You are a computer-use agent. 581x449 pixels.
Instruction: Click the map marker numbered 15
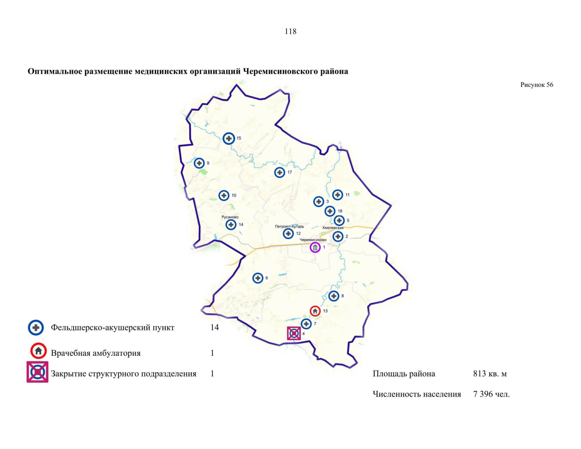229,138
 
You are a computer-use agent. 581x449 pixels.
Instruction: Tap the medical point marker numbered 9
199,163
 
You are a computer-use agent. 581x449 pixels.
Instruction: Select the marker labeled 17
279,172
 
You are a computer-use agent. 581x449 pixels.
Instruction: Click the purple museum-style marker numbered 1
315,247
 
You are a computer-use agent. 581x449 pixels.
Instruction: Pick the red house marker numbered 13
315,311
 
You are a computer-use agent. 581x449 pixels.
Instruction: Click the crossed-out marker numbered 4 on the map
294,333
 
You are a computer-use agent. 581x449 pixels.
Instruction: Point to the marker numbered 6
258,278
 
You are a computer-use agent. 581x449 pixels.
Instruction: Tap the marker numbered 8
334,296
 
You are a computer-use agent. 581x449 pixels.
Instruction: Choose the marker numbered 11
337,195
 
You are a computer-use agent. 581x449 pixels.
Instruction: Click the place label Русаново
230,217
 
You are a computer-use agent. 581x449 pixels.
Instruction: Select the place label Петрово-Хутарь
289,226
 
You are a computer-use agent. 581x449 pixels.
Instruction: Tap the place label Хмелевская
333,227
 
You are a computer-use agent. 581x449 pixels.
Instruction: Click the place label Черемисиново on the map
313,240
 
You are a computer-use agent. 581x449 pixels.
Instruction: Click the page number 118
290,31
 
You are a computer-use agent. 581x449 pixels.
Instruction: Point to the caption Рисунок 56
536,85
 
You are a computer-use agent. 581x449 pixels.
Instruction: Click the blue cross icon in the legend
36,328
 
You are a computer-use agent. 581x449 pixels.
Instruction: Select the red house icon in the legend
38,351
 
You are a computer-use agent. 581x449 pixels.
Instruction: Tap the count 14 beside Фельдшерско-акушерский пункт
214,328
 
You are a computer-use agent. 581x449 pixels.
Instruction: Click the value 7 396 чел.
491,394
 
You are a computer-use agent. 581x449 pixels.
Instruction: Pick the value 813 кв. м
490,374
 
